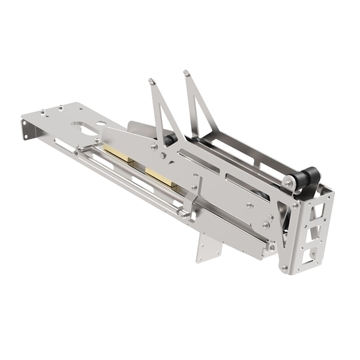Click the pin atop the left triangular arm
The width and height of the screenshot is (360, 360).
[x=151, y=80]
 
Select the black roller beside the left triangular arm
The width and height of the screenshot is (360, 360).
[x=170, y=139]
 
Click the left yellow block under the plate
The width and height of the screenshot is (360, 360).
[x=119, y=155]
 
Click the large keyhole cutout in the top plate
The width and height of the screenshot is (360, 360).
[x=84, y=128]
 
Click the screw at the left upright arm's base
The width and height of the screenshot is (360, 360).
[x=155, y=146]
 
